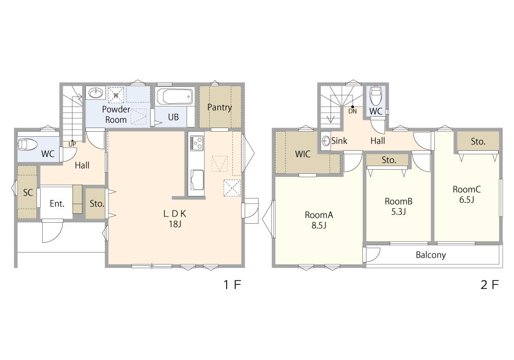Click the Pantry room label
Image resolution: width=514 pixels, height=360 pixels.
coord(219,107)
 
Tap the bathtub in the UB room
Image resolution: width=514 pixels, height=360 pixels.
coord(174,96)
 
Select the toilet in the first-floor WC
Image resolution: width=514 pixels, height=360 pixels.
coord(28,145)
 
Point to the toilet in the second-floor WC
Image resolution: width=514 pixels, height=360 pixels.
coord(376,95)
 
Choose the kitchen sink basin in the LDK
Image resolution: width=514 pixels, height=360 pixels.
coord(197,180)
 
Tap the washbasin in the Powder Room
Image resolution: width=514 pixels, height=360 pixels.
coord(96,93)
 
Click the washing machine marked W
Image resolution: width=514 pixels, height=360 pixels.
coord(116,95)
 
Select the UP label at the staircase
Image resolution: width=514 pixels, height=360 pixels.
coord(72,145)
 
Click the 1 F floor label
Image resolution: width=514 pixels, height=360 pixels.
coord(232,284)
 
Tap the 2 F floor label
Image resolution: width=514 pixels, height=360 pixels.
coord(490,284)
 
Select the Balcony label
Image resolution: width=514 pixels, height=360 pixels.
coord(431,255)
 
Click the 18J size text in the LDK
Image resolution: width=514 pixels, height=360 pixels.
coord(175,224)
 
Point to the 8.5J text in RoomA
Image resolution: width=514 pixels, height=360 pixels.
coord(319,226)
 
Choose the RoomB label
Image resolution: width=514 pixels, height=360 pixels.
coord(398,201)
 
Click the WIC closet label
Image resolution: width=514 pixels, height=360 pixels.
coord(303,154)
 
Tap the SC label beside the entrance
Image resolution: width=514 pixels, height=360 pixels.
coord(28,192)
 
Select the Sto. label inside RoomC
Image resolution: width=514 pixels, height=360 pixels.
coord(478,141)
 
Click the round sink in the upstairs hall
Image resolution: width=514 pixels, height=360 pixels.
coord(326,141)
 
